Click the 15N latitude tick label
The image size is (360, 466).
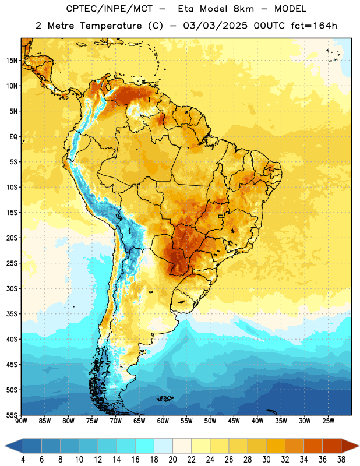tap(12, 61)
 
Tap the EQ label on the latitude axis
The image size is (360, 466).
tap(13, 137)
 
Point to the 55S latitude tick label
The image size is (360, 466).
tap(12, 415)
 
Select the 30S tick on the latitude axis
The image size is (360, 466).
tap(12, 288)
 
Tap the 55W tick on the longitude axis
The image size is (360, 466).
tap(186, 421)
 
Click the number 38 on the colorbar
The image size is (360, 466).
tap(341, 460)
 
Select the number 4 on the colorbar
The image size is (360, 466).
tap(23, 460)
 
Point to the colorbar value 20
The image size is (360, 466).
tap(172, 460)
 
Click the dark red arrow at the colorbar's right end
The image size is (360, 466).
tap(351, 446)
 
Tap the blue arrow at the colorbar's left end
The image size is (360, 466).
tap(13, 446)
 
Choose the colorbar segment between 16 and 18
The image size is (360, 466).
tap(144, 446)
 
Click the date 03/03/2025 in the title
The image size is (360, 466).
tap(215, 26)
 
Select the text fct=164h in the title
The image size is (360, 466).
tap(314, 26)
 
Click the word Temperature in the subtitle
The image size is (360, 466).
tap(111, 26)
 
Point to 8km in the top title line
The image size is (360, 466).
tap(243, 9)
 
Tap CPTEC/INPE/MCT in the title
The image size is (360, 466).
tap(109, 9)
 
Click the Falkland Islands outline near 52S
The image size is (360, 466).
tap(165, 398)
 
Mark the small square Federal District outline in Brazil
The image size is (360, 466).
tap(221, 217)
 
